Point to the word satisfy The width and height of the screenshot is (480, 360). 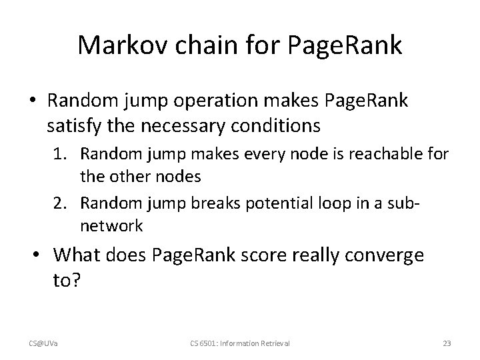pyautogui.click(x=71, y=125)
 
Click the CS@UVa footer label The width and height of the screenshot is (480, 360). pyautogui.click(x=42, y=343)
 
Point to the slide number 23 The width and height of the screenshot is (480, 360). pyautogui.click(x=447, y=343)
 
